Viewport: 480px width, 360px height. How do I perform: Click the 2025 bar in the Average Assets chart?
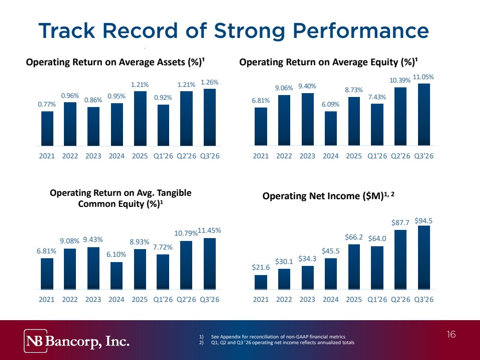click(x=140, y=119)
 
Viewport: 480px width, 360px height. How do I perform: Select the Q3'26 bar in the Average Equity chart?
click(x=424, y=114)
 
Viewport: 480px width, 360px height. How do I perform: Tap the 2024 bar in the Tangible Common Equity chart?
click(x=116, y=276)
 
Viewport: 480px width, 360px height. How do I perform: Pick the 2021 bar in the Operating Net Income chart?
click(x=260, y=282)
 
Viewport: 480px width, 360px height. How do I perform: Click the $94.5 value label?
click(x=423, y=221)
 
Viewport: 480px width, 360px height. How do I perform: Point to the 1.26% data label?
click(x=209, y=82)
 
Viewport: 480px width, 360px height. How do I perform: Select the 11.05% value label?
click(x=423, y=77)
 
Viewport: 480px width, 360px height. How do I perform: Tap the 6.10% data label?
click(x=116, y=254)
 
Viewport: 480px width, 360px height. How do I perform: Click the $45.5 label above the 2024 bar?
click(x=331, y=251)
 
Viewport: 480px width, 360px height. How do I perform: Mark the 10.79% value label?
click(x=186, y=233)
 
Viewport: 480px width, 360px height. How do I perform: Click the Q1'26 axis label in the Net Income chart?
click(x=377, y=300)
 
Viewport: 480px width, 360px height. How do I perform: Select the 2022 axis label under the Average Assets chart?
click(x=70, y=156)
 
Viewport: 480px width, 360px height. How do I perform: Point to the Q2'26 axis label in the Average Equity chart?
click(x=400, y=156)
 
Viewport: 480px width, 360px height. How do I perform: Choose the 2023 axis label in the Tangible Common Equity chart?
click(x=93, y=300)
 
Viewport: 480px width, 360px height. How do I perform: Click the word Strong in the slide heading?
click(x=249, y=31)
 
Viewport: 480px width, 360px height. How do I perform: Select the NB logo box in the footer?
click(x=36, y=341)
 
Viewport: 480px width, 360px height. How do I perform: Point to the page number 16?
click(x=451, y=334)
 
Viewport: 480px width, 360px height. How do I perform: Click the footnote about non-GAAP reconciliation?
click(x=272, y=337)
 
